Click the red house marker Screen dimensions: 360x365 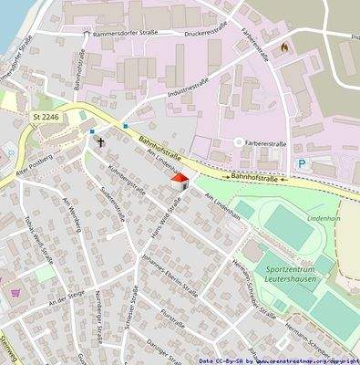tap(179, 181)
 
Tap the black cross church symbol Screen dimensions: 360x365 tap(100, 142)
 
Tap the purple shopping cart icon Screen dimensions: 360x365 tap(15, 293)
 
